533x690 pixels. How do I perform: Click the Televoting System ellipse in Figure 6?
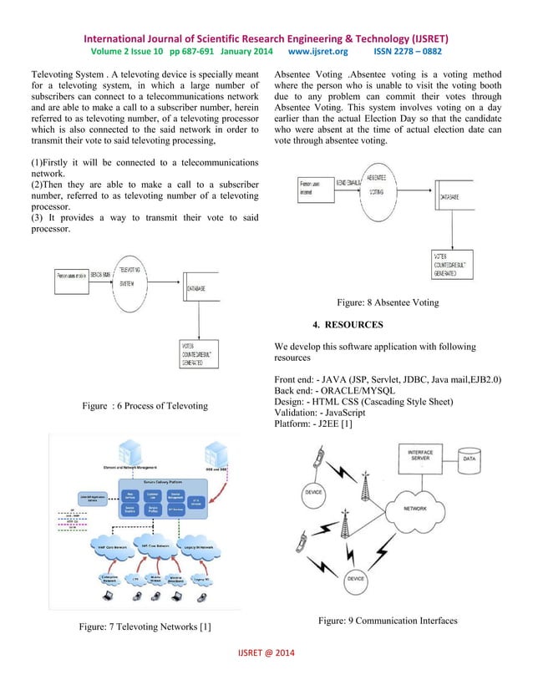pos(130,277)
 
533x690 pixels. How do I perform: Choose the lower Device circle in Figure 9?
pos(356,578)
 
